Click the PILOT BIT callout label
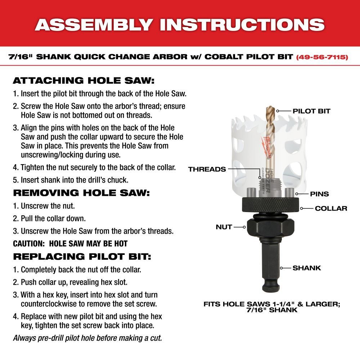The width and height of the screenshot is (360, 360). coord(311,111)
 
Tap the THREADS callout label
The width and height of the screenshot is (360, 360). coord(207,169)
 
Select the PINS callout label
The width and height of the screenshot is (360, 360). coord(319,194)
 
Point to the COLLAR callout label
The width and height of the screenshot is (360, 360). coord(331,208)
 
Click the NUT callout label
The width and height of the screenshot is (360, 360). coord(224,227)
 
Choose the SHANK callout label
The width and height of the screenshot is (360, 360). coord(306,268)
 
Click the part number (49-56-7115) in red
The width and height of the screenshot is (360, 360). coord(322,57)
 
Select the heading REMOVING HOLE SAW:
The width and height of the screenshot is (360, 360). coord(81,193)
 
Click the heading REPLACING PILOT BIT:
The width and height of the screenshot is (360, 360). coord(82,256)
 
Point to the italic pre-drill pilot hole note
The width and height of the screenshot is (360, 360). coord(87,338)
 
